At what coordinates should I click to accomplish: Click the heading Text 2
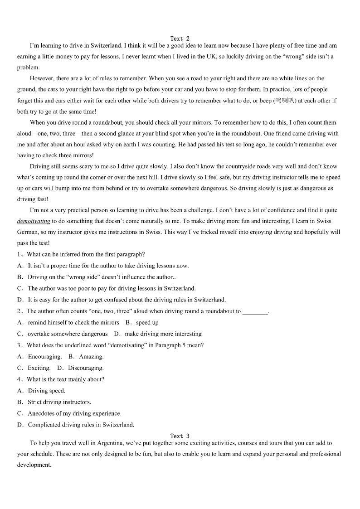click(x=180, y=39)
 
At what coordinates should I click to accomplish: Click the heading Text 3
click(x=180, y=436)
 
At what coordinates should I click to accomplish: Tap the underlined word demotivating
click(x=34, y=221)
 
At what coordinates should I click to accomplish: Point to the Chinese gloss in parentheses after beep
click(x=285, y=101)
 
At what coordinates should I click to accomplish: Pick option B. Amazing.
click(x=86, y=357)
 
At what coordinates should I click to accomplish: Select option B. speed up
click(x=142, y=323)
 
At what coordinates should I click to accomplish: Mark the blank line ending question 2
click(x=255, y=312)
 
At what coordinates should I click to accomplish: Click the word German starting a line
click(x=28, y=232)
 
